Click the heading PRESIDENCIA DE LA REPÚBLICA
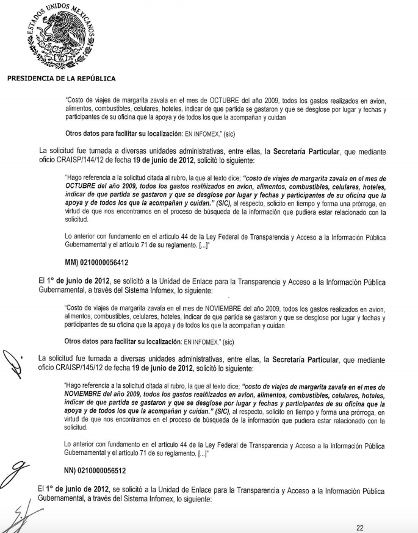coord(61,78)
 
